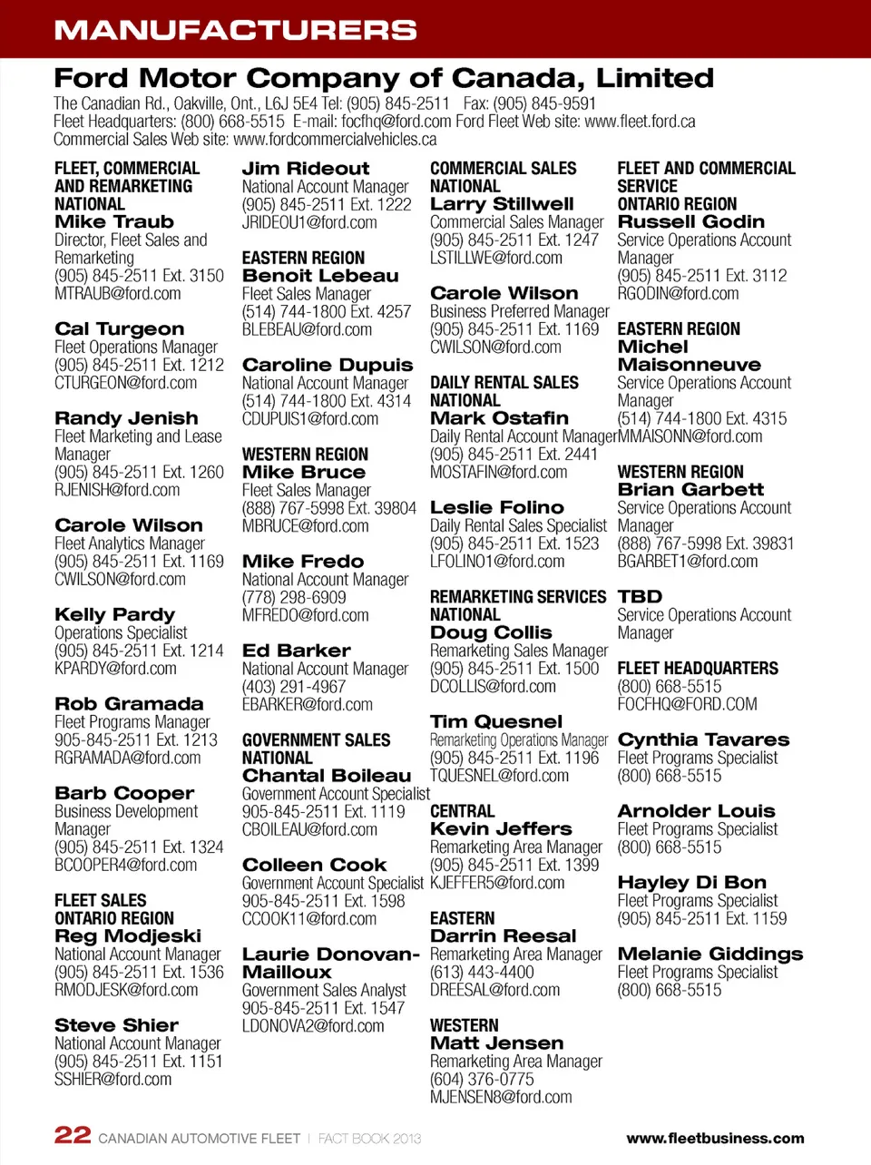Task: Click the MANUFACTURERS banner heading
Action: [x=235, y=30]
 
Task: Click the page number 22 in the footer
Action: [x=73, y=1135]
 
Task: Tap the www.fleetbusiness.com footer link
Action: [x=715, y=1138]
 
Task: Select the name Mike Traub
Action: [x=114, y=222]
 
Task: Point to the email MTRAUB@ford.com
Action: [x=117, y=294]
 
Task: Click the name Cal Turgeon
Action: [x=119, y=329]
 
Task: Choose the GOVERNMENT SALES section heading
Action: [x=316, y=740]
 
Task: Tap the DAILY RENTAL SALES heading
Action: [x=504, y=383]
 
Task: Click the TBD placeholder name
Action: [x=640, y=597]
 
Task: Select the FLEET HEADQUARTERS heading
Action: [x=698, y=669]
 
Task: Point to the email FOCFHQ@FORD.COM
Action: [x=687, y=704]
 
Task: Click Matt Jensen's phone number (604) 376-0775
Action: [x=482, y=1079]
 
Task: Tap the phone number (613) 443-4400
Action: [x=482, y=972]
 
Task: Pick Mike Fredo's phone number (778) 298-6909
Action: [x=294, y=597]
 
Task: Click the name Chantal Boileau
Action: [x=326, y=776]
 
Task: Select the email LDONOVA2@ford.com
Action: [x=313, y=1026]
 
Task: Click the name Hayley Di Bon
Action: [x=691, y=883]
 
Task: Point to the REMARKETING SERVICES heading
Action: [x=517, y=597]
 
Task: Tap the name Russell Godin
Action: [x=690, y=222]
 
